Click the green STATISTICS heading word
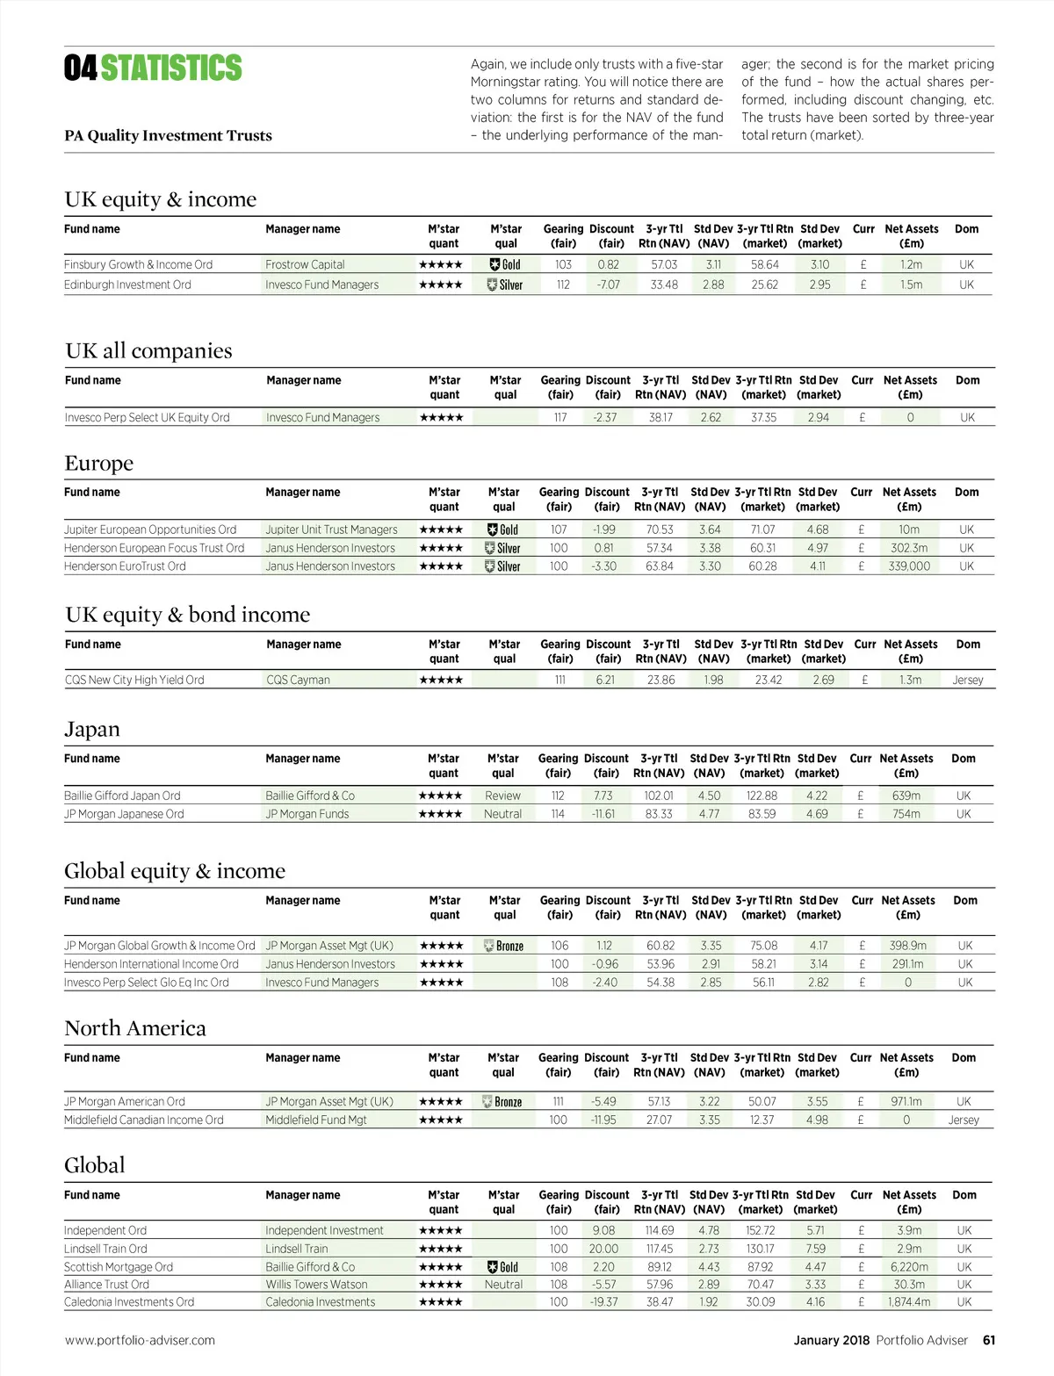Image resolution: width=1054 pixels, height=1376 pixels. [x=171, y=68]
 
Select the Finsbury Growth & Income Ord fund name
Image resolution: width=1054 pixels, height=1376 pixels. [x=138, y=264]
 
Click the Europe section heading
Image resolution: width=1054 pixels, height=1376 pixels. [x=99, y=463]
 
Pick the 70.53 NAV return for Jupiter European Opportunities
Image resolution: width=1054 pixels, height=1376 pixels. [x=660, y=530]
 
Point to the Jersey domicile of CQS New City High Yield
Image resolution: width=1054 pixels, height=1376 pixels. [x=967, y=680]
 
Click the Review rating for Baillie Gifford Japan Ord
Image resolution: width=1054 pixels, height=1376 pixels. [x=502, y=796]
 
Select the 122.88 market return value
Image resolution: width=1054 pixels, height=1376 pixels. [x=762, y=796]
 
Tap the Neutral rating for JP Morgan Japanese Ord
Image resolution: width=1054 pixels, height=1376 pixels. [x=502, y=814]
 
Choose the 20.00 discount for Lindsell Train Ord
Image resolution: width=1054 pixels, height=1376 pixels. [x=603, y=1249]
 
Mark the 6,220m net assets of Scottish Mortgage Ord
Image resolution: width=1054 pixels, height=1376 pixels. [x=909, y=1267]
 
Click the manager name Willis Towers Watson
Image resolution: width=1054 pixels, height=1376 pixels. [x=316, y=1285]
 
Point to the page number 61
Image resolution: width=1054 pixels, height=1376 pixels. [x=989, y=1340]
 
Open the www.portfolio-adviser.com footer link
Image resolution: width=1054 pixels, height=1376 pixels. [x=140, y=1340]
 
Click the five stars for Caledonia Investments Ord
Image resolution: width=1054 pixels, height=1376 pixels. [x=441, y=1302]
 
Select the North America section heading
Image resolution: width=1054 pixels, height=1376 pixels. [x=135, y=1028]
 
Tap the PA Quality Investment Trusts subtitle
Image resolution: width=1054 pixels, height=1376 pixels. [x=168, y=135]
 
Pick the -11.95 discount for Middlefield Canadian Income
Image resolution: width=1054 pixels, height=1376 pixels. [x=603, y=1120]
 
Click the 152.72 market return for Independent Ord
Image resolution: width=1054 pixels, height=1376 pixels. [x=760, y=1230]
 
